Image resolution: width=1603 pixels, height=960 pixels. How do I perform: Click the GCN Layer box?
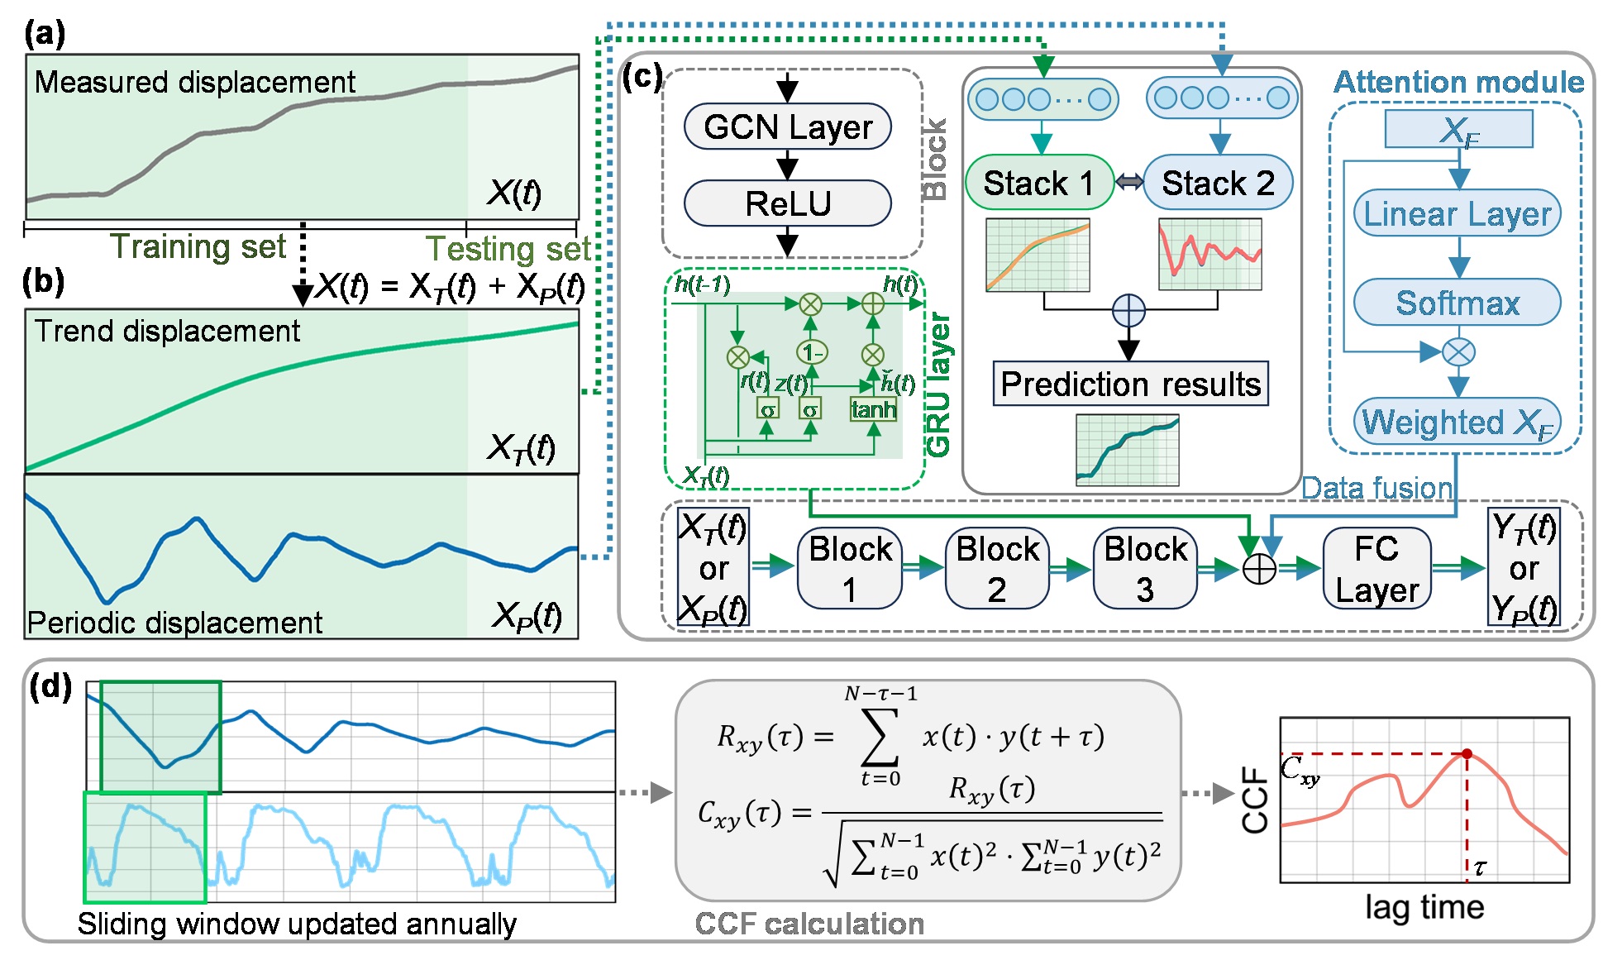pos(787,127)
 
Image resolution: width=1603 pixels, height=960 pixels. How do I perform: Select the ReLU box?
pos(787,203)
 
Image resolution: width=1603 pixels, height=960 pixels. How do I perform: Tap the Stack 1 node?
pos(1039,183)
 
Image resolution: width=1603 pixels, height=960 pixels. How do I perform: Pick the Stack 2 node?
pos(1218,183)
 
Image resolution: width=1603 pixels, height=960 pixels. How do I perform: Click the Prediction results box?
pos(1130,384)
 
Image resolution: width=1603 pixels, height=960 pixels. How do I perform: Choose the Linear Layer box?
pos(1457,214)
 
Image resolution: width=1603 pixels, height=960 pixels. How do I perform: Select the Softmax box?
pos(1457,303)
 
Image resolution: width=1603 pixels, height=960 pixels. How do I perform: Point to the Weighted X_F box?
pos(1457,422)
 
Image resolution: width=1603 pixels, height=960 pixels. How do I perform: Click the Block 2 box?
pos(997,569)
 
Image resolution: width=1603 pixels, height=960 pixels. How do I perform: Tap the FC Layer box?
pos(1376,569)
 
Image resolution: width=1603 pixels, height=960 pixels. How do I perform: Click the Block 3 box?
pos(1145,569)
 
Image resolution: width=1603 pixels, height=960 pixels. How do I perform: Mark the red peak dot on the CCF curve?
pos(1467,753)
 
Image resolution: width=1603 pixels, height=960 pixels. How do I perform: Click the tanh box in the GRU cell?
pos(873,409)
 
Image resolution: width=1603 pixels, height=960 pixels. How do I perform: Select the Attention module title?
pos(1458,82)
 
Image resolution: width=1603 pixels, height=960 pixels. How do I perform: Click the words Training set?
pos(198,246)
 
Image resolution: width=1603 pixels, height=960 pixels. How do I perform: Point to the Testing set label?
pos(508,248)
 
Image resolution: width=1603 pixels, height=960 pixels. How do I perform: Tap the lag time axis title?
pos(1424,907)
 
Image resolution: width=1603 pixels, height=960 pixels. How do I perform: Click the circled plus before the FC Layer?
pos(1259,569)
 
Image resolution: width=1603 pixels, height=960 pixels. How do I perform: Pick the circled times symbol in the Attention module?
pos(1458,352)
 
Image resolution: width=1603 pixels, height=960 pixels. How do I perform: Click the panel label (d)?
pos(50,686)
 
